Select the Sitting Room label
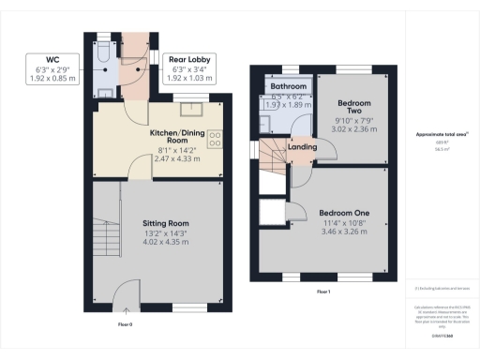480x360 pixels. pos(165,223)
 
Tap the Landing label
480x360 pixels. pos(302,146)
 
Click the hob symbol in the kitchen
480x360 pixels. pos(215,138)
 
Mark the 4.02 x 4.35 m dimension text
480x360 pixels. pos(165,242)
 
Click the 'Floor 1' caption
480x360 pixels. pos(322,293)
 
